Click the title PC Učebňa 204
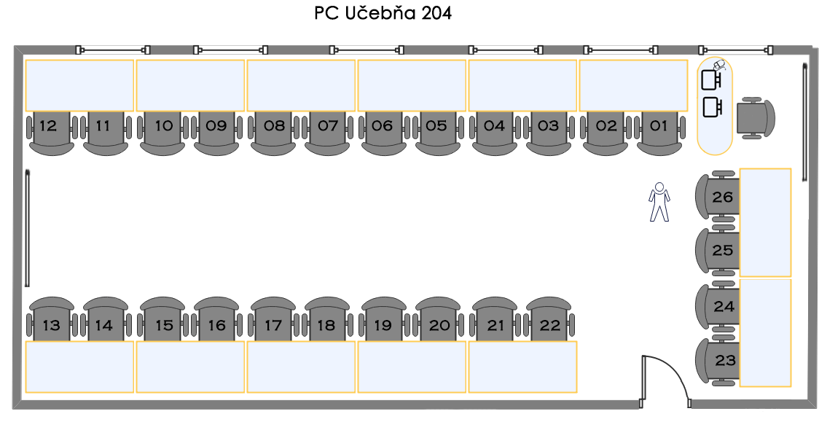pyautogui.click(x=383, y=14)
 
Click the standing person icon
pyautogui.click(x=659, y=202)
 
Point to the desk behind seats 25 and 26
pyautogui.click(x=765, y=222)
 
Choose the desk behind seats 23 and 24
pyautogui.click(x=765, y=332)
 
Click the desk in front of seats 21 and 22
pyautogui.click(x=522, y=367)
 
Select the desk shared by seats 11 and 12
pyautogui.click(x=79, y=85)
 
